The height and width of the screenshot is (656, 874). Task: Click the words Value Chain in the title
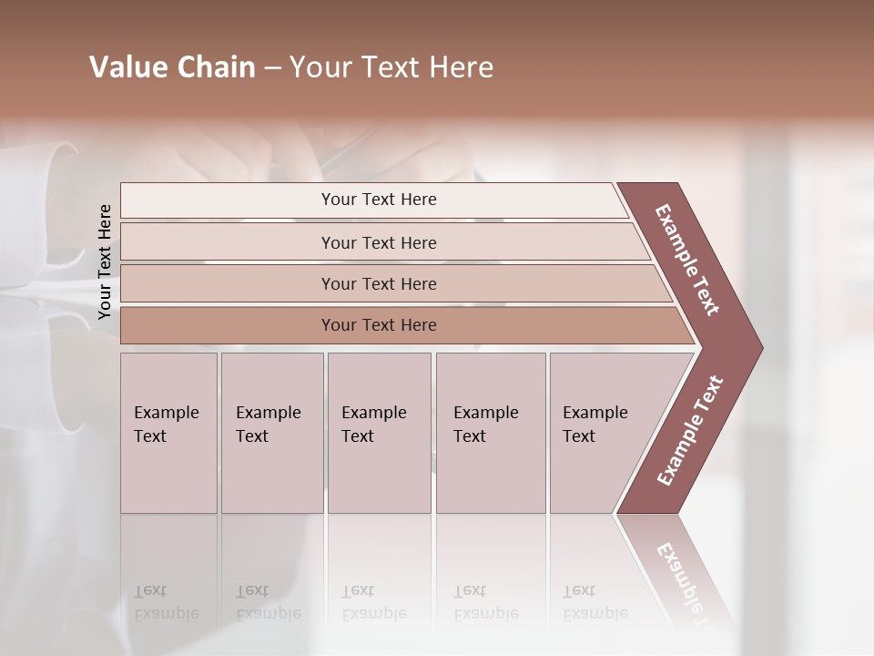pyautogui.click(x=172, y=67)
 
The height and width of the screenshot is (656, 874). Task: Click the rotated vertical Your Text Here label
pyautogui.click(x=106, y=261)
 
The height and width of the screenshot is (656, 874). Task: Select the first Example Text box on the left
pyautogui.click(x=168, y=433)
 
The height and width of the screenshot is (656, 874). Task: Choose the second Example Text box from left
pyautogui.click(x=271, y=433)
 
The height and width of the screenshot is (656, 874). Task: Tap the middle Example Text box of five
pyautogui.click(x=379, y=433)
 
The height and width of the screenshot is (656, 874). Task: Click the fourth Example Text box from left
pyautogui.click(x=490, y=433)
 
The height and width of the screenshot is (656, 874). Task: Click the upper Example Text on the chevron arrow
pyautogui.click(x=687, y=260)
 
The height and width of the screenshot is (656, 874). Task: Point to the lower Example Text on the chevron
pyautogui.click(x=690, y=430)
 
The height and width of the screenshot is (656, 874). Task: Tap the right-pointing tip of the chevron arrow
pyautogui.click(x=757, y=348)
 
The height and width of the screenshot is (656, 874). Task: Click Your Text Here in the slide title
pyautogui.click(x=391, y=67)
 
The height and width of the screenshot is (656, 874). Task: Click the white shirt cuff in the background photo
pyautogui.click(x=55, y=210)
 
